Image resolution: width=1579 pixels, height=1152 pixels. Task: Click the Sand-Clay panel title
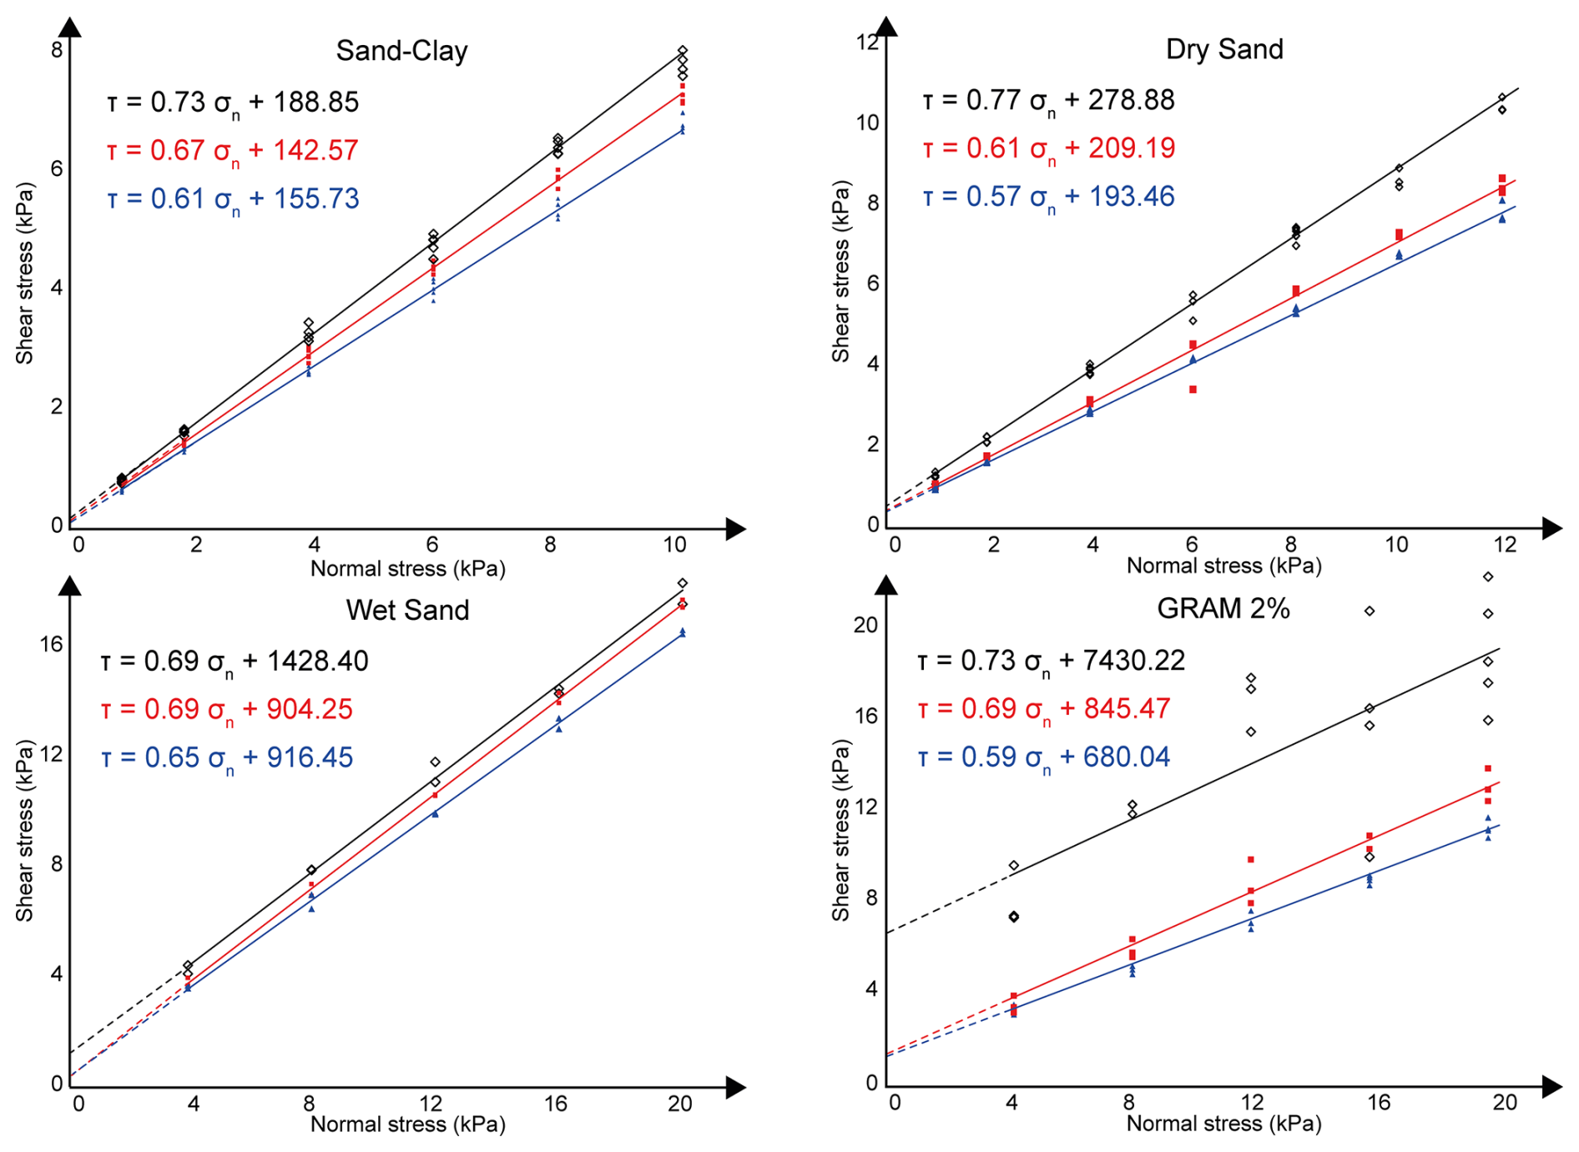[401, 52]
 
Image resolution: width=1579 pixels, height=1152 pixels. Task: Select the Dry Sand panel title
[1223, 49]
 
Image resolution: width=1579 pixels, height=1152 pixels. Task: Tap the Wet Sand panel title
[407, 611]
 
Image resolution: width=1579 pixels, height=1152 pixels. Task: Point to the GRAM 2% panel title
[1223, 609]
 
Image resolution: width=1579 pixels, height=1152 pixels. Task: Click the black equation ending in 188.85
[233, 103]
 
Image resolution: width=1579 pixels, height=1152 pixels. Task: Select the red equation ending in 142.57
[233, 151]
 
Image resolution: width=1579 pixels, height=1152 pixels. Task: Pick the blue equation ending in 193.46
[1048, 198]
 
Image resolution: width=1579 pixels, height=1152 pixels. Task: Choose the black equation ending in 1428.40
[235, 662]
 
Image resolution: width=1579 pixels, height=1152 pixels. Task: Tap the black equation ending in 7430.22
[1051, 662]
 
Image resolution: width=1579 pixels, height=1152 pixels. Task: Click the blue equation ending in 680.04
[1043, 757]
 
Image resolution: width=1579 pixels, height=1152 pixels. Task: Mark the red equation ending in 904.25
[227, 710]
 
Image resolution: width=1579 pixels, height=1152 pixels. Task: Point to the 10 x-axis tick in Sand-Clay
[674, 546]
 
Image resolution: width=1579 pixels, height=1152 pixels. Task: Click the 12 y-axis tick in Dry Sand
[868, 42]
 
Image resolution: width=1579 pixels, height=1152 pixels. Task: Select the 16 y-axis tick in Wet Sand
[51, 643]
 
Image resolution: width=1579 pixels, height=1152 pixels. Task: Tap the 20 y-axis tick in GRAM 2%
[866, 625]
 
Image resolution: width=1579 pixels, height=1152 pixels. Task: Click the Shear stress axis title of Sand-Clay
[25, 274]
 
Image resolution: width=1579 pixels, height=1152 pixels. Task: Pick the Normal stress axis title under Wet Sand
[407, 1124]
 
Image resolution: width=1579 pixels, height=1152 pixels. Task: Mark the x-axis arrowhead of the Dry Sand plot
[1551, 527]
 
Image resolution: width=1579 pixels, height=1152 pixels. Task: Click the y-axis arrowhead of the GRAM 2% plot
[888, 585]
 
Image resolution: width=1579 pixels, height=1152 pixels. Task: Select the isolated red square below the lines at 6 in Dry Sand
[1193, 390]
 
